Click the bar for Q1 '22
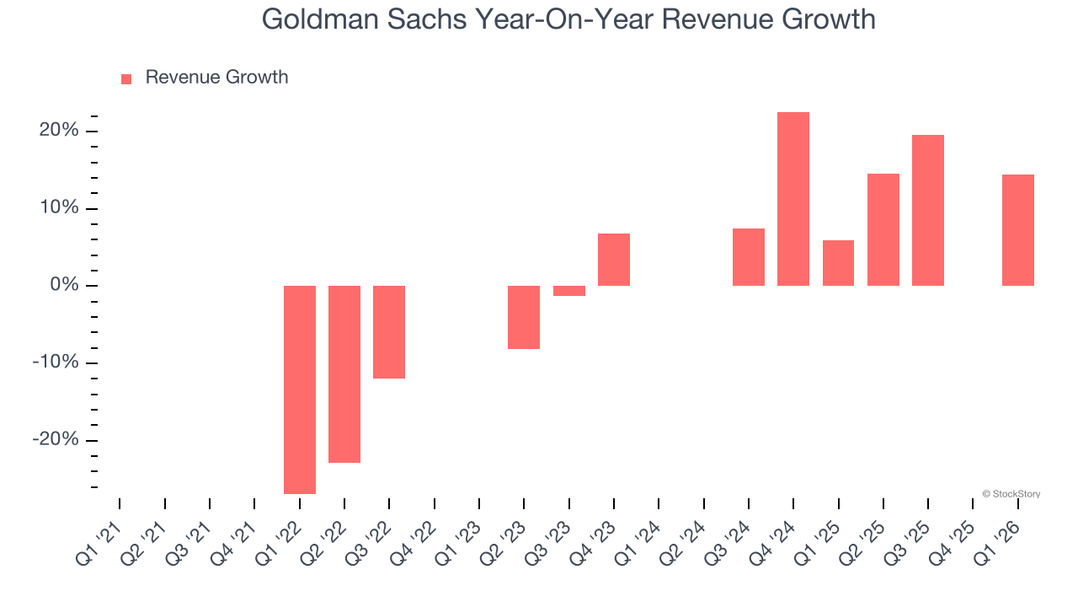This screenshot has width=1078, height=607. pyautogui.click(x=299, y=389)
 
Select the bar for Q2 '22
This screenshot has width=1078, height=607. pyautogui.click(x=344, y=374)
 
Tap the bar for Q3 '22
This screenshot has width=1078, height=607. pyautogui.click(x=389, y=332)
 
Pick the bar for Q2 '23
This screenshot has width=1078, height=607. pyautogui.click(x=524, y=317)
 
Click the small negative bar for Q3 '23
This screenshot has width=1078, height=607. pyautogui.click(x=568, y=291)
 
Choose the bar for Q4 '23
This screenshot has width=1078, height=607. pyautogui.click(x=614, y=260)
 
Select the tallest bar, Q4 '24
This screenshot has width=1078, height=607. pyautogui.click(x=793, y=199)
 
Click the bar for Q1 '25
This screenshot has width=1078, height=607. pyautogui.click(x=838, y=263)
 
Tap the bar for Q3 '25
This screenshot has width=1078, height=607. pyautogui.click(x=928, y=210)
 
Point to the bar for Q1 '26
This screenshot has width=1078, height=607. pyautogui.click(x=1017, y=230)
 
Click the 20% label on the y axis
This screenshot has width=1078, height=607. pyautogui.click(x=58, y=131)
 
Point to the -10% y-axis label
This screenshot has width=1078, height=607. pyautogui.click(x=56, y=363)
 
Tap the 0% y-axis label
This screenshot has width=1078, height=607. pyautogui.click(x=64, y=286)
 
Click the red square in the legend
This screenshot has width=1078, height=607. pyautogui.click(x=126, y=78)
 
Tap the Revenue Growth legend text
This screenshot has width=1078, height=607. pyautogui.click(x=216, y=78)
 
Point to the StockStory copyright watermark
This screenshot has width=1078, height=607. pyautogui.click(x=1011, y=494)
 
